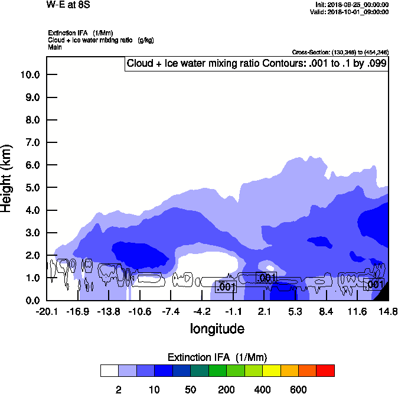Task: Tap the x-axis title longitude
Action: [x=217, y=328]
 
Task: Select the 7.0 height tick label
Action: [x=32, y=142]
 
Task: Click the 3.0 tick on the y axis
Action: [x=32, y=233]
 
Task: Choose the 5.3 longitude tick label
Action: [x=295, y=311]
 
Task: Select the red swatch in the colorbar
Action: [x=325, y=370]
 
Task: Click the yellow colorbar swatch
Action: [x=271, y=370]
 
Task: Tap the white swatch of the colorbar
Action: [x=109, y=370]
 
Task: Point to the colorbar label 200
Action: [x=226, y=389]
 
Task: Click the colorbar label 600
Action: [x=298, y=389]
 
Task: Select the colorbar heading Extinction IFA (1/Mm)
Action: [x=217, y=357]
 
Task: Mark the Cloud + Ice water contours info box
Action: [x=256, y=63]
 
